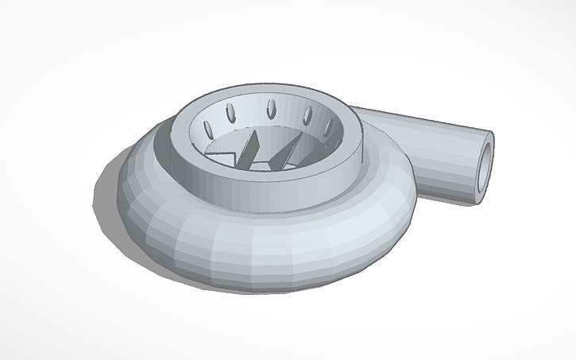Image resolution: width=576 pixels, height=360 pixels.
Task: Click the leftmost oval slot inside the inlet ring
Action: pyautogui.click(x=210, y=126)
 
